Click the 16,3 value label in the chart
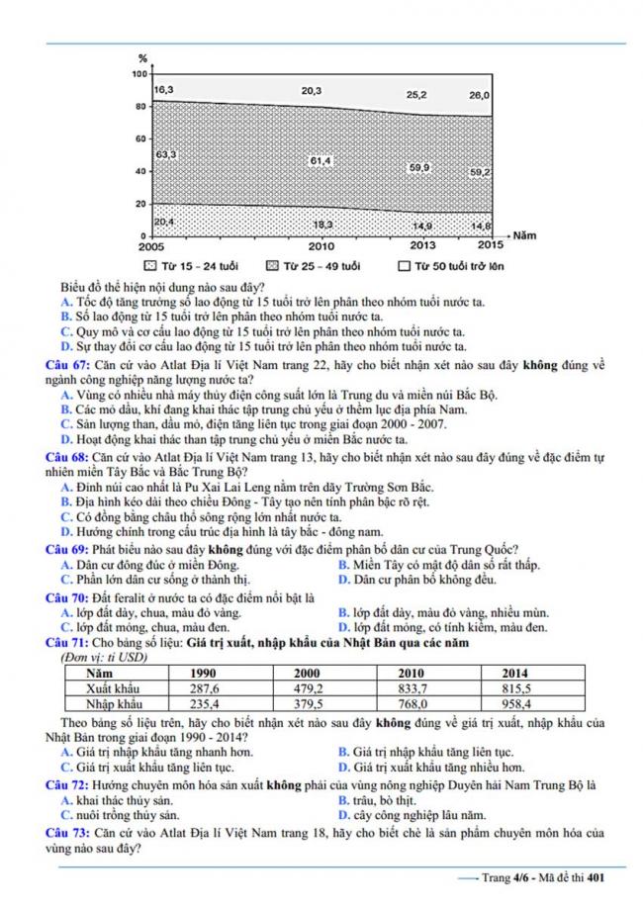165,91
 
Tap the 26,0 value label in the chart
479,95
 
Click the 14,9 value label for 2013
421,225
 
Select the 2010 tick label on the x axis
321,245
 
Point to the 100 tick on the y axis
138,74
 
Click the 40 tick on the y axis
140,171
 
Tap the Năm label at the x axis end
524,236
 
